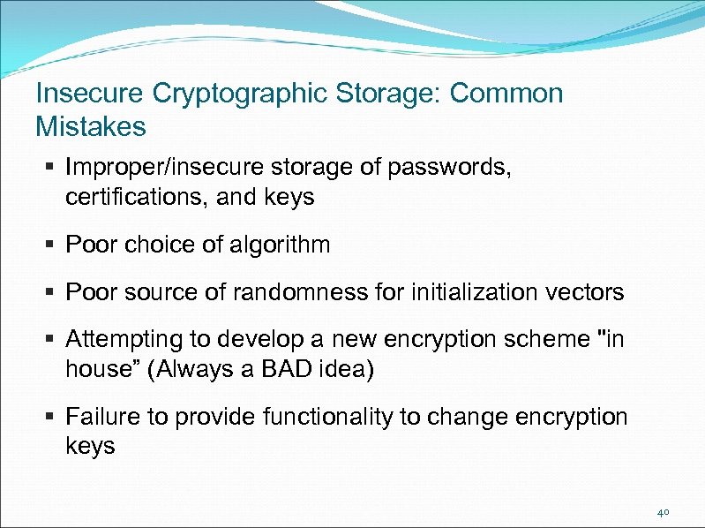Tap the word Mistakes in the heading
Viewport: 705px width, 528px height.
[x=90, y=126]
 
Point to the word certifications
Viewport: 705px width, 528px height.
[x=135, y=197]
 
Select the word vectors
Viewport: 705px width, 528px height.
[x=584, y=291]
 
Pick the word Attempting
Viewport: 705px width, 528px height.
[x=127, y=339]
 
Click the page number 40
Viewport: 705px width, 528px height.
[x=664, y=511]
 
